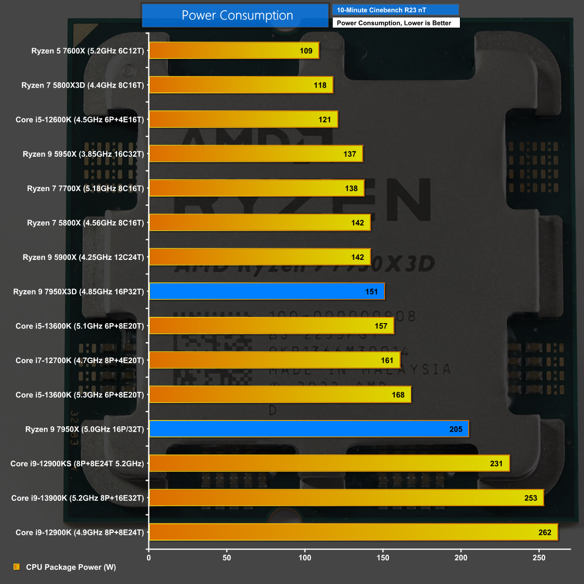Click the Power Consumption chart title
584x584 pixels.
pyautogui.click(x=237, y=16)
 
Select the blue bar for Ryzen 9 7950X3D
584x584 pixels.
pyautogui.click(x=267, y=292)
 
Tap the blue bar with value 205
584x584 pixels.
pyautogui.click(x=309, y=429)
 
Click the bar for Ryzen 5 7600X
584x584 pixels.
pyautogui.click(x=234, y=51)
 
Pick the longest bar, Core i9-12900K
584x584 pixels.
pyautogui.click(x=353, y=532)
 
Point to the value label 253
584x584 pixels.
pyautogui.click(x=530, y=498)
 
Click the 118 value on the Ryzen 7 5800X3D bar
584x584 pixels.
pyautogui.click(x=320, y=85)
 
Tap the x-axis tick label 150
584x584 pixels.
pyautogui.click(x=383, y=558)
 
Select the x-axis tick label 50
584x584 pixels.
pyautogui.click(x=227, y=558)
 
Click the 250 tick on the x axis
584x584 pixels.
pyautogui.click(x=539, y=558)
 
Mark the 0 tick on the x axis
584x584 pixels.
pyautogui.click(x=149, y=558)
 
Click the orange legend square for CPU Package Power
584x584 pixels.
pyautogui.click(x=17, y=567)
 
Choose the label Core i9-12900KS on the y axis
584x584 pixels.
pyautogui.click(x=77, y=464)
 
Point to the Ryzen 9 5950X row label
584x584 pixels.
pyautogui.click(x=83, y=154)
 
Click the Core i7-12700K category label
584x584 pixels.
pyautogui.click(x=80, y=361)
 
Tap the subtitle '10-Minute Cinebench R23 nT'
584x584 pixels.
pyautogui.click(x=382, y=10)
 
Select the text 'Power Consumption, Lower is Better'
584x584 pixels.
pyautogui.click(x=394, y=23)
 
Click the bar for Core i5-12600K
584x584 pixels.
pyautogui.click(x=243, y=120)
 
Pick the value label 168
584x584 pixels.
pyautogui.click(x=398, y=395)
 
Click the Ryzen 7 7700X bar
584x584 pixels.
pyautogui.click(x=256, y=188)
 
